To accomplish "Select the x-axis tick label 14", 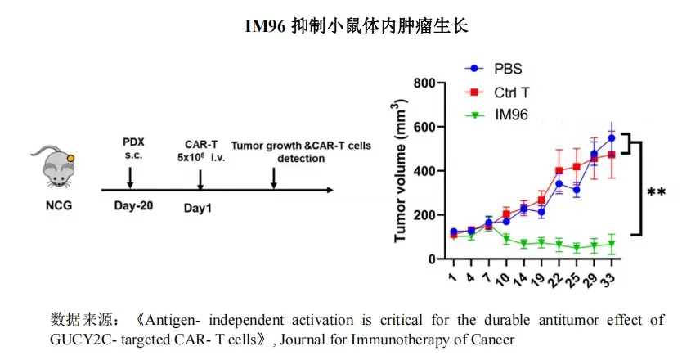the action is click(x=520, y=279).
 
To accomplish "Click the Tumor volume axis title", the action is click(x=401, y=171).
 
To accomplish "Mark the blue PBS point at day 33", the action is click(x=611, y=138).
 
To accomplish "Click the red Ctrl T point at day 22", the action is click(x=559, y=171).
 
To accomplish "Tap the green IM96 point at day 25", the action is click(x=577, y=247).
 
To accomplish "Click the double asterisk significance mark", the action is click(x=656, y=192).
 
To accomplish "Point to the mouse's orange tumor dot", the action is click(x=70, y=158).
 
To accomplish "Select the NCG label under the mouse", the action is click(x=59, y=206).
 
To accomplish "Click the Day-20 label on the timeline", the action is click(x=133, y=205).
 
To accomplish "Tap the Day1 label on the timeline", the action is click(x=197, y=208).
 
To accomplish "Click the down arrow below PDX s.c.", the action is click(x=130, y=178).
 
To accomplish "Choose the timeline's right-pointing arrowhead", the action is click(x=330, y=191).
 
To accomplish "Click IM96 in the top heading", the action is click(x=265, y=26).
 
